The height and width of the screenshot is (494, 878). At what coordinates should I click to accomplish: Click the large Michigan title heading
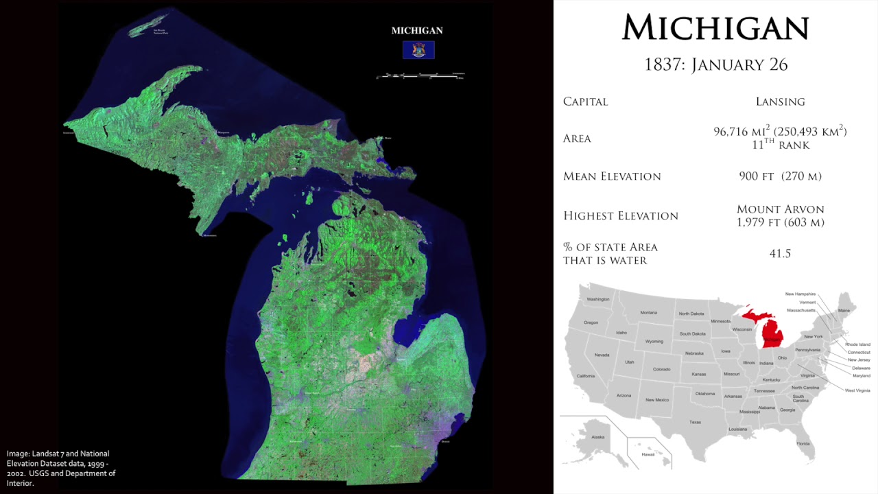coord(715,28)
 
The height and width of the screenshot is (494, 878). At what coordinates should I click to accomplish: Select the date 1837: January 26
coord(715,64)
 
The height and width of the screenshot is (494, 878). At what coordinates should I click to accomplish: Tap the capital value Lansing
coord(780,102)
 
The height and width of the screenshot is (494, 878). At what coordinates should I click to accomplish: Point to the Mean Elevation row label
coord(612,176)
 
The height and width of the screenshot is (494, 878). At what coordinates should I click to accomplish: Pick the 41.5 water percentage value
coord(780,253)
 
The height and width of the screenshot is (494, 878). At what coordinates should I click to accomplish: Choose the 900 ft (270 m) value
coord(780,176)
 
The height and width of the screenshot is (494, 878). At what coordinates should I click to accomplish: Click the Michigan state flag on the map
coord(418,50)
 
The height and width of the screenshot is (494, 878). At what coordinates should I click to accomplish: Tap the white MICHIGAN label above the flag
coord(417,31)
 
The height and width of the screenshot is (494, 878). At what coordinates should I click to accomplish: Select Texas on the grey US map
coord(695,421)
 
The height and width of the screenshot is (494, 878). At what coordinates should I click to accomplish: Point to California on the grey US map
coord(585,376)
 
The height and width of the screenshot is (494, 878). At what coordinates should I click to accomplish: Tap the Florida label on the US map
coord(803,443)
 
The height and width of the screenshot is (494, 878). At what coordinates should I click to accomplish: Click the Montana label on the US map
coord(648,313)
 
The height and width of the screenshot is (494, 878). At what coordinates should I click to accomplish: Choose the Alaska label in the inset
coord(597,437)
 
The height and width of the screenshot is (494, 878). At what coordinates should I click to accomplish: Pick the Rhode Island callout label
coord(857,344)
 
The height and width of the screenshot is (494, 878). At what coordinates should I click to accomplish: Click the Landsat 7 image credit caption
coord(61,468)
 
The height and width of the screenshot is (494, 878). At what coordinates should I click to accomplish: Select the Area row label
coord(577,139)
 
